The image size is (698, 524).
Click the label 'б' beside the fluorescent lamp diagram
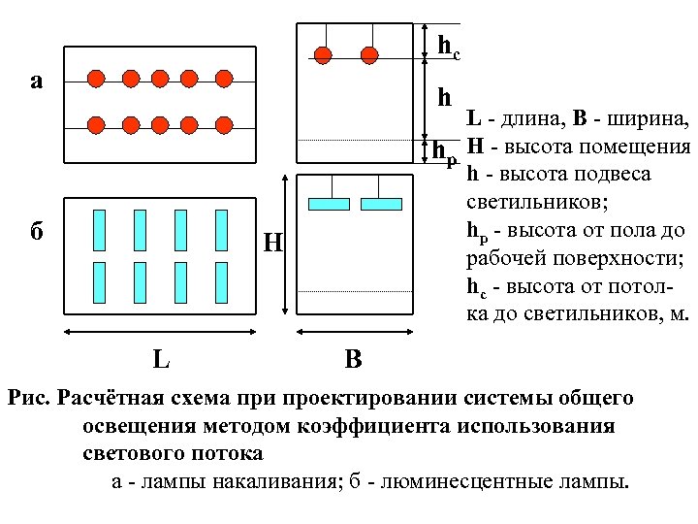[x=37, y=234]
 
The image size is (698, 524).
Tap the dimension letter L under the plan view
[x=162, y=360]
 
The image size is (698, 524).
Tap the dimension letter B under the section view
[x=353, y=360]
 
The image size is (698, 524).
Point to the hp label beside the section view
[x=445, y=152]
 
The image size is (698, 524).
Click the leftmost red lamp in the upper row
[x=95, y=78]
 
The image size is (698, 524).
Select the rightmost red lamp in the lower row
[x=225, y=124]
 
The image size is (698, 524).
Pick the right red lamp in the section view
[x=369, y=54]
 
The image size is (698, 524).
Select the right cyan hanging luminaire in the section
[x=381, y=204]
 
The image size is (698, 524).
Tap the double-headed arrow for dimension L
[x=162, y=331]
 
